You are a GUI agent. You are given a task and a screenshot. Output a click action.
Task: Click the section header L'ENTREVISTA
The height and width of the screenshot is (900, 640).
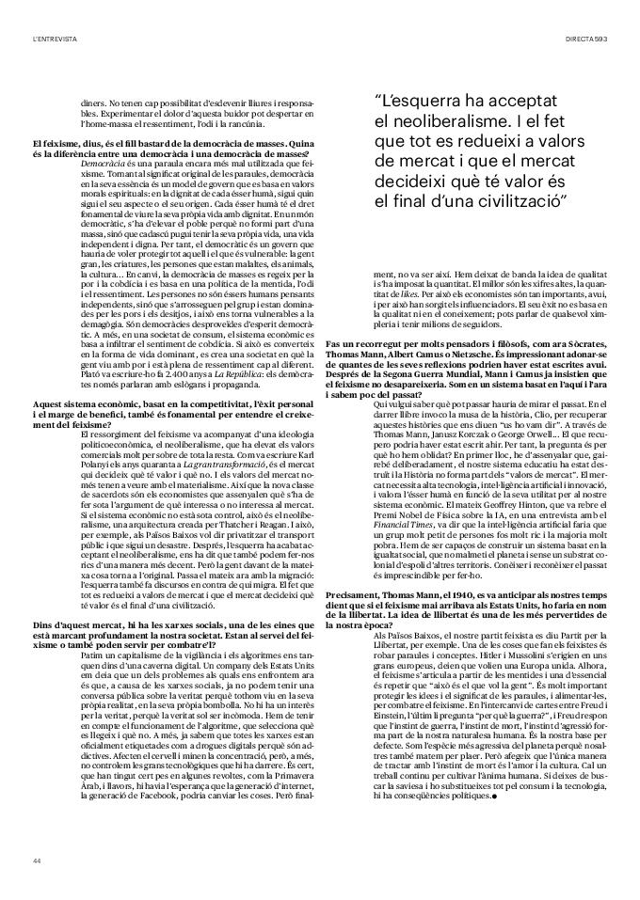coord(54,38)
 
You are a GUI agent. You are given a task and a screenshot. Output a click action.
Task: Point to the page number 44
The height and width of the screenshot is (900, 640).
coord(36,861)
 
